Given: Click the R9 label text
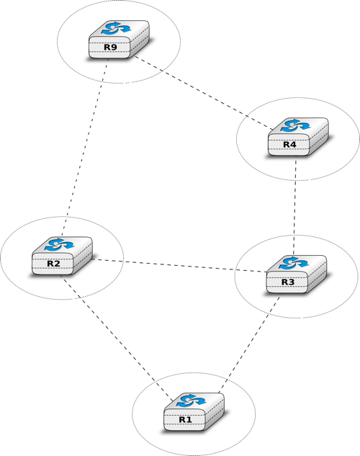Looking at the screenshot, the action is pos(110,48).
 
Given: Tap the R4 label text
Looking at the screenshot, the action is pos(289,145).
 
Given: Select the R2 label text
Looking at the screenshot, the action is pos(53,264).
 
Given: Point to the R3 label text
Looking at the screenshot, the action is pos(288,282).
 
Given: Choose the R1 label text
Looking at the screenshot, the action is pos(185,420).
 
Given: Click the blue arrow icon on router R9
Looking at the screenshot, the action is pos(116,29).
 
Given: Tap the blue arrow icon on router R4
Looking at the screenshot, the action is pos(295,125).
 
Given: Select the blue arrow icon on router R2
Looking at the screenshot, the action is pos(59,245).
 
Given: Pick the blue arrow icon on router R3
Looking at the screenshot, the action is pos(294,263).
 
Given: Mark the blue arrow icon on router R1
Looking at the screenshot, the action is pos(192,401).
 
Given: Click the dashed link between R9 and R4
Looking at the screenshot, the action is pos(204,93).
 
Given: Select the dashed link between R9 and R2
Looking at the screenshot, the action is pos(85,148).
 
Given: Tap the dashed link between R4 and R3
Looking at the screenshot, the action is pos(295,206).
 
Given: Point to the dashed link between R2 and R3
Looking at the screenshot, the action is pos(179,266).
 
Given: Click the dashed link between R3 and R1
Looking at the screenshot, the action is pos(250,344).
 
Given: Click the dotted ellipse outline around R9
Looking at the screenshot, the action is pos(57,42).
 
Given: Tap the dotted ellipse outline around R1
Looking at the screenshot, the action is pos(132,414).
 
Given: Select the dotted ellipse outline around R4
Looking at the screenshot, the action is pos(236,139).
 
